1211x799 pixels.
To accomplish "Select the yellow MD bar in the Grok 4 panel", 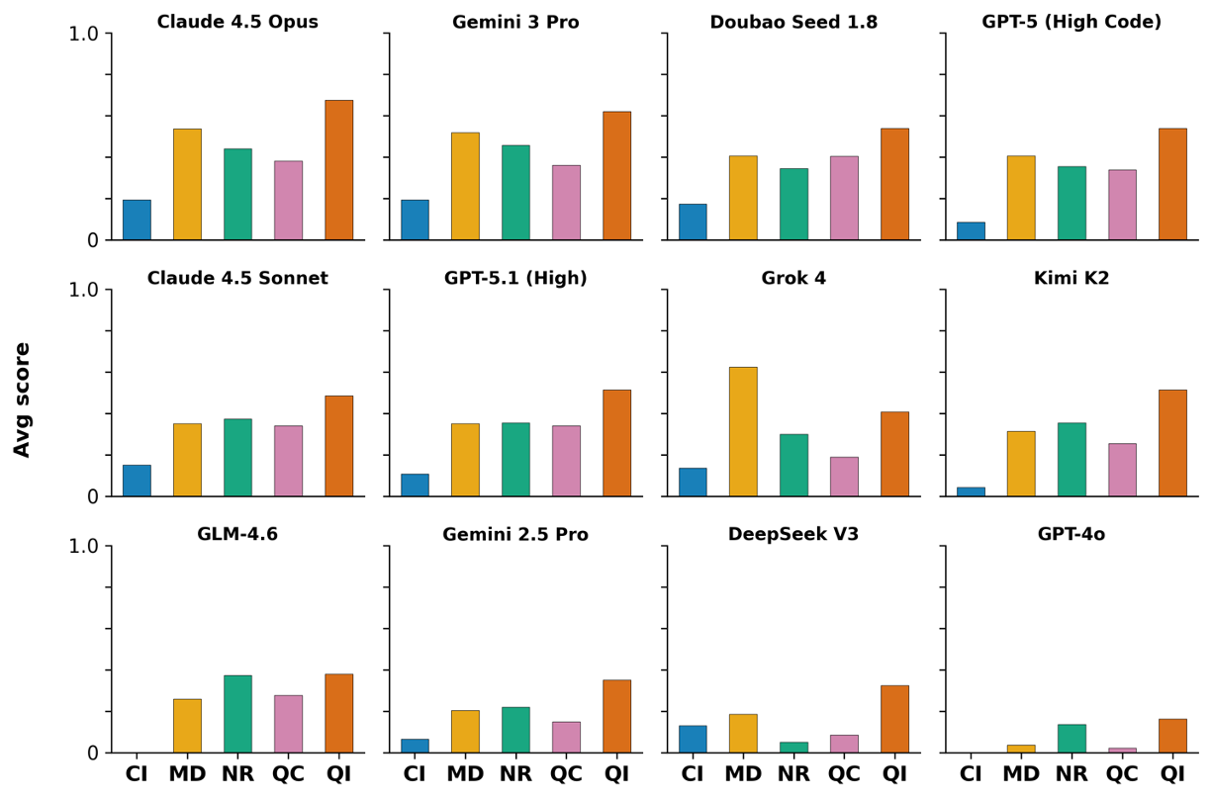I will [743, 431].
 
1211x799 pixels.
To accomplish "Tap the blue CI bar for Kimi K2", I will [971, 491].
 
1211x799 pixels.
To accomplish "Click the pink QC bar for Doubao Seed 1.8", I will [844, 198].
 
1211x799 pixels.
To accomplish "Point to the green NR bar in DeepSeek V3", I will [793, 748].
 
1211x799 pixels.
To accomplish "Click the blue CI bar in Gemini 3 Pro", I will [415, 220].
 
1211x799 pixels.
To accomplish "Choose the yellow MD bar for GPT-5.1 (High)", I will [465, 460].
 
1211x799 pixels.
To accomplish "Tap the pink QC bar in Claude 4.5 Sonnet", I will [288, 461].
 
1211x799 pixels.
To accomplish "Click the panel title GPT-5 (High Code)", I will [1071, 22].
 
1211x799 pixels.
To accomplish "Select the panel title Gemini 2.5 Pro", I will [515, 535].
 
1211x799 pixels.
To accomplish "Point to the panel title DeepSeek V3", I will [793, 535].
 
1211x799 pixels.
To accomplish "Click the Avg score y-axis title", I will [23, 399].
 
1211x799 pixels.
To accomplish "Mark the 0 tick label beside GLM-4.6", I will [92, 753].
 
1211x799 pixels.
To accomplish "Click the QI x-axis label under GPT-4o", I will [1172, 774].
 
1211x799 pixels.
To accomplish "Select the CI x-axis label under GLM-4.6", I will [137, 774].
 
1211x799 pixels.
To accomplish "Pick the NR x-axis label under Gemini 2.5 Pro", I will [515, 774].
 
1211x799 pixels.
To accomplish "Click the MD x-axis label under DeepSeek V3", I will [743, 774].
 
